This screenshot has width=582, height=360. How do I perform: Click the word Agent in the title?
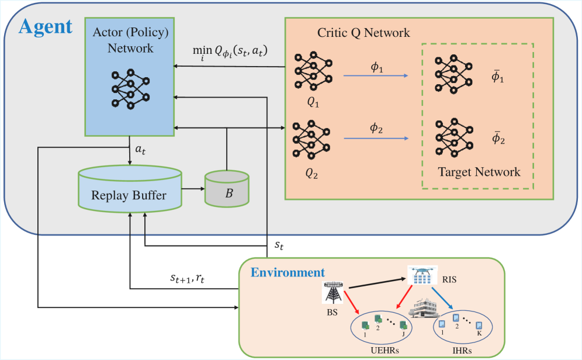tap(46, 26)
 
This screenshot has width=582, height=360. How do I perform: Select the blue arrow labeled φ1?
tap(375, 75)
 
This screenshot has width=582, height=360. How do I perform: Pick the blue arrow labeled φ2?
tap(375, 139)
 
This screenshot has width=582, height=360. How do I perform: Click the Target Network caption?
tap(479, 172)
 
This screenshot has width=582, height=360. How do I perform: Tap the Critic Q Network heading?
tap(363, 33)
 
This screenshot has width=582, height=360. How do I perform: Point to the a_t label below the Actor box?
tap(141, 150)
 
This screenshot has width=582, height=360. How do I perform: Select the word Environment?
tap(287, 272)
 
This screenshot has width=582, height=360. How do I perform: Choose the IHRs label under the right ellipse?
tap(461, 351)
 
